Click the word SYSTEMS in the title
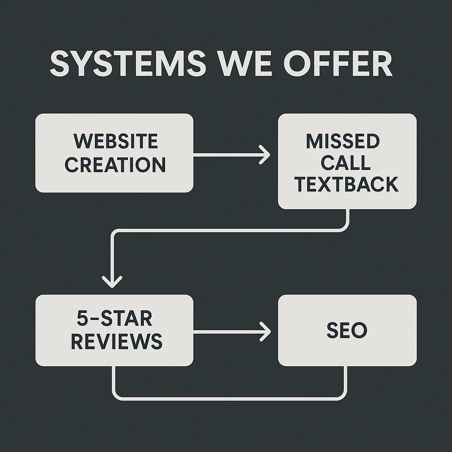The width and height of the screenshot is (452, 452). pyautogui.click(x=127, y=64)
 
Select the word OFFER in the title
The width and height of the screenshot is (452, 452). pyautogui.click(x=338, y=64)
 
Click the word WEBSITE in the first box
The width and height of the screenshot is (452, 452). pyautogui.click(x=115, y=142)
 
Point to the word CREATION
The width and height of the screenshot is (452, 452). pyautogui.click(x=115, y=164)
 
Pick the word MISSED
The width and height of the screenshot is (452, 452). pyautogui.click(x=343, y=142)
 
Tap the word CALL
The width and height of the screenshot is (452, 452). pyautogui.click(x=346, y=163)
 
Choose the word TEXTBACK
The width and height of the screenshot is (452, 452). pyautogui.click(x=347, y=184)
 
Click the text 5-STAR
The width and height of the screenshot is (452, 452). pyautogui.click(x=114, y=318)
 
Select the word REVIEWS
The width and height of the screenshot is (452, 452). pyautogui.click(x=117, y=341)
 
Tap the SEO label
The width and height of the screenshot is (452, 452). pyautogui.click(x=347, y=331)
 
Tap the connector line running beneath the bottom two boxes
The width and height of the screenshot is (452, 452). pyautogui.click(x=230, y=399)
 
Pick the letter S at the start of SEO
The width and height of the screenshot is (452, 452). pyautogui.click(x=332, y=331)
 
